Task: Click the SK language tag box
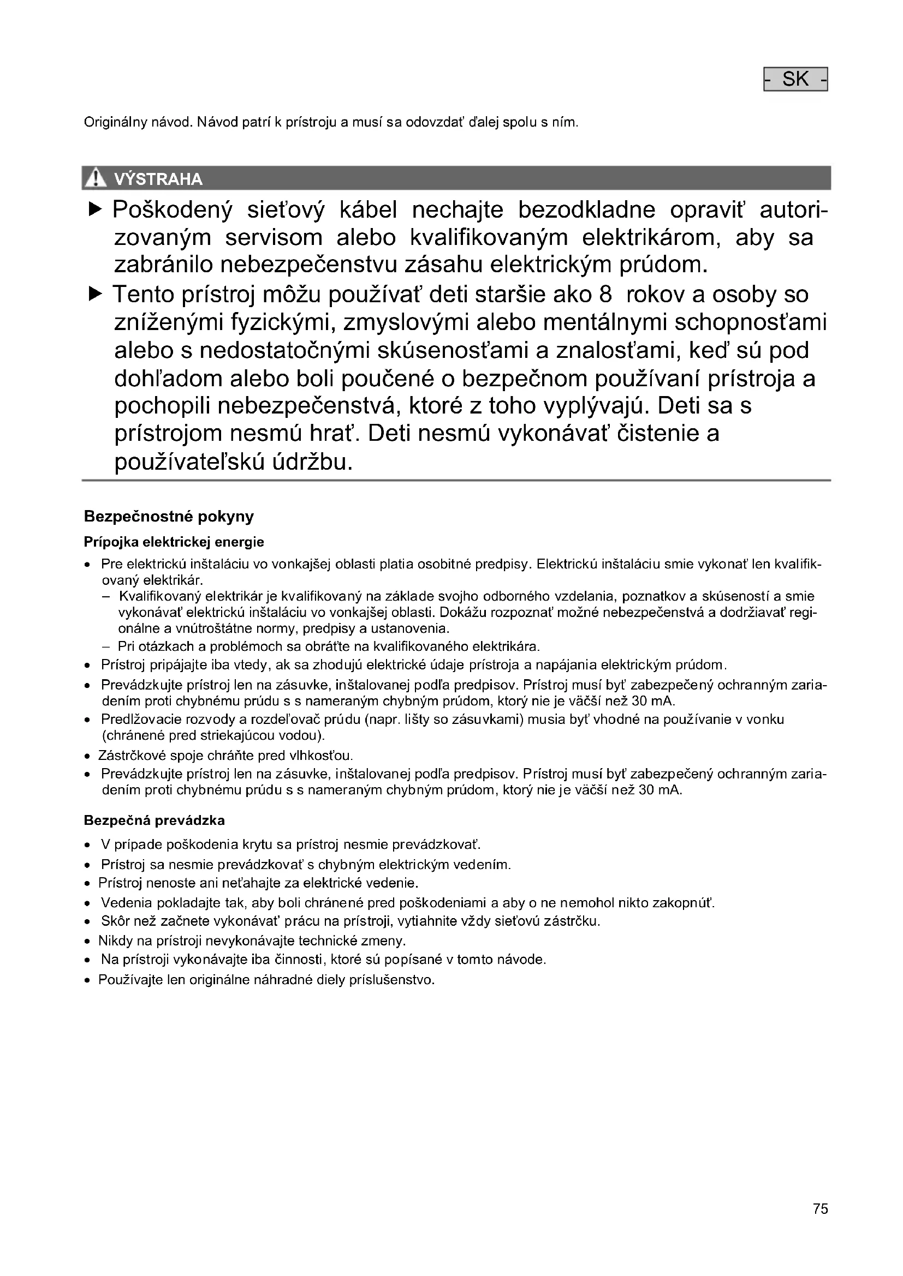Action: [795, 80]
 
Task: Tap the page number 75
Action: [820, 1209]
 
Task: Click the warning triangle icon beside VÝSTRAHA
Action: [96, 178]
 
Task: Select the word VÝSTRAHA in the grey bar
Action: [158, 179]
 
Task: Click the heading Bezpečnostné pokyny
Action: [169, 516]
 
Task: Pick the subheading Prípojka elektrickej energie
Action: [174, 542]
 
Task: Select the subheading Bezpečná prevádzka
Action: [154, 820]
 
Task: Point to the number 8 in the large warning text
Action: [605, 295]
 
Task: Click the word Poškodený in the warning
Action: [173, 211]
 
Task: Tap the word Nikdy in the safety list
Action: [113, 941]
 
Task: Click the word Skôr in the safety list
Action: [113, 921]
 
